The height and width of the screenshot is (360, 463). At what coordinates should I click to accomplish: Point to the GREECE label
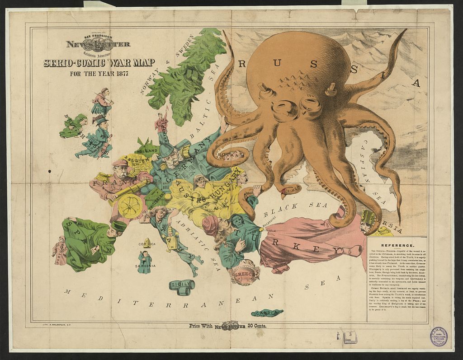pos(245,274)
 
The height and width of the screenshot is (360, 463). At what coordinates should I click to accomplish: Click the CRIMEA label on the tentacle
pos(293,187)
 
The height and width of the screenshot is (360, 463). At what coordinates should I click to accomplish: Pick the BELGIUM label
pos(137,160)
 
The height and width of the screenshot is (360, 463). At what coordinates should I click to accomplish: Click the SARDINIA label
pos(146,266)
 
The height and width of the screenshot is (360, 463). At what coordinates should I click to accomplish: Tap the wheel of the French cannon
pos(130,206)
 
